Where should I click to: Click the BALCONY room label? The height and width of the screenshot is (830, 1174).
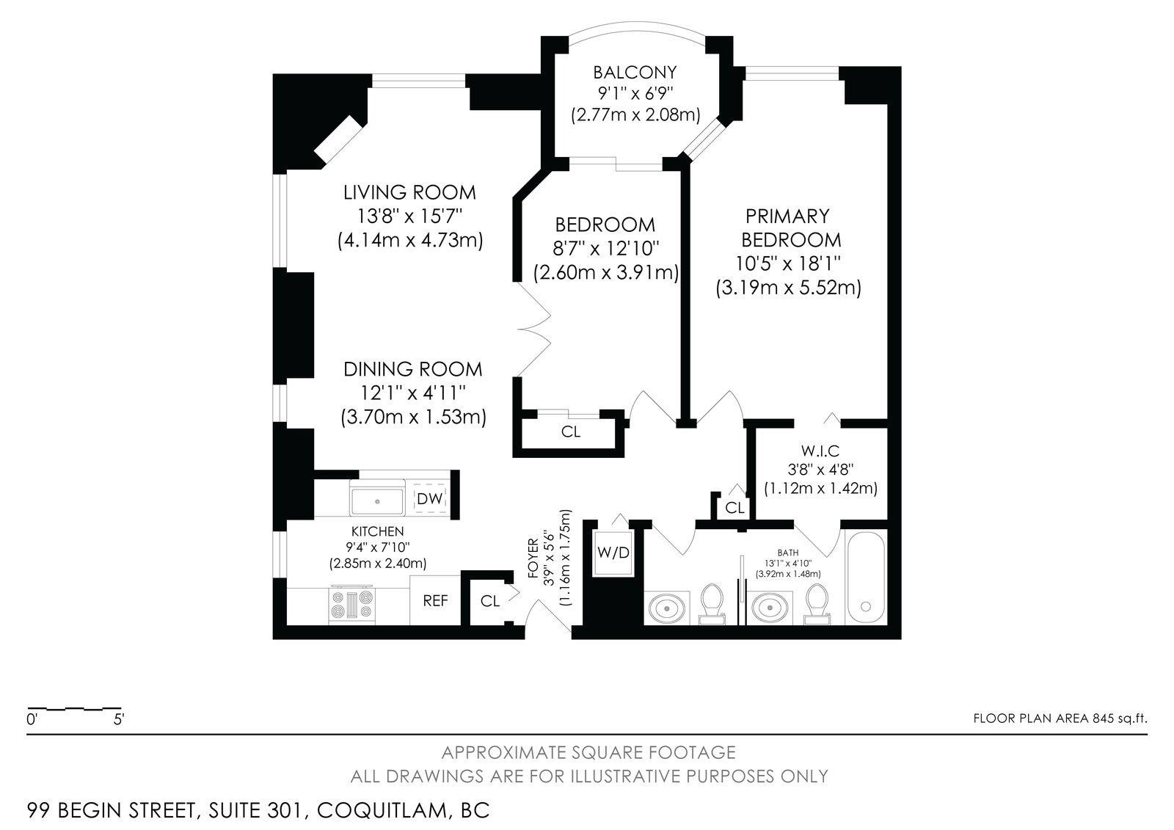tap(635, 72)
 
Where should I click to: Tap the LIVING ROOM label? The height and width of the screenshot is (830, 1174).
tap(409, 192)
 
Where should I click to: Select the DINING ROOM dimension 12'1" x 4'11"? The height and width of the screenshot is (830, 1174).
tap(413, 393)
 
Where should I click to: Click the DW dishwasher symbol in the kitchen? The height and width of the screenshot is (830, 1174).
tap(430, 498)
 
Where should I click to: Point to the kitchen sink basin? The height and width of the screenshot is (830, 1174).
tap(377, 501)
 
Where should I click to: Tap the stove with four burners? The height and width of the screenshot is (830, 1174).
tap(351, 605)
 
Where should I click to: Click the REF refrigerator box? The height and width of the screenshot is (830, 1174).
tap(435, 600)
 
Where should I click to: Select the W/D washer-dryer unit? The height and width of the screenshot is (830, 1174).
tap(613, 553)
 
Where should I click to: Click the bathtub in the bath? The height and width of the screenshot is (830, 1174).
tap(865, 578)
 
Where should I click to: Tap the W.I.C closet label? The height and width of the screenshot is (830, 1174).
tap(820, 451)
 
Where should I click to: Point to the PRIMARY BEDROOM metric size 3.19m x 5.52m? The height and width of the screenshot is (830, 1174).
tap(788, 288)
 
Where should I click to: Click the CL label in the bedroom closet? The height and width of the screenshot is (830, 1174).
tap(571, 432)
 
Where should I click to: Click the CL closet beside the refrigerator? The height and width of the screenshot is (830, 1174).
tap(490, 601)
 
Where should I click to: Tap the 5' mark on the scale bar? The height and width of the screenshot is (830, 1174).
tap(119, 719)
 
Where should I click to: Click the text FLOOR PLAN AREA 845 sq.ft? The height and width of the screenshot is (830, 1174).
tap(1060, 718)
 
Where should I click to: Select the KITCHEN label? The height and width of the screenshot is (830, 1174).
tap(377, 531)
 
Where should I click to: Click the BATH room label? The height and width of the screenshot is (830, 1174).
tap(788, 553)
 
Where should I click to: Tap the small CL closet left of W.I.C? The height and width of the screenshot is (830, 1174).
tap(734, 508)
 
